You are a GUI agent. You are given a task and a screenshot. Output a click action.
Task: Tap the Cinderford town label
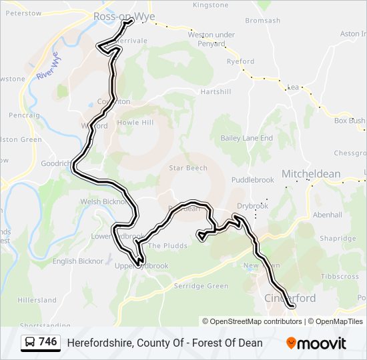[290, 298]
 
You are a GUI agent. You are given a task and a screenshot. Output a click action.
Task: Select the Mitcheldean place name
[311, 174]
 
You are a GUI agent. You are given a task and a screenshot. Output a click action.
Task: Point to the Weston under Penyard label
[211, 39]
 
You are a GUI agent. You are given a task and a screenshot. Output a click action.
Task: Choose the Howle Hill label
[135, 123]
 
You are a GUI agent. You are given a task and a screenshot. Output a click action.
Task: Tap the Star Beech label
[188, 168]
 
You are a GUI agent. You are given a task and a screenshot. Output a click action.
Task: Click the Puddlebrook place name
[253, 180]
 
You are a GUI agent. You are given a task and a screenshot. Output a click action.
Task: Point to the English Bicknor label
[78, 261]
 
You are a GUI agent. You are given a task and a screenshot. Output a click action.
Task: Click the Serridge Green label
[201, 286]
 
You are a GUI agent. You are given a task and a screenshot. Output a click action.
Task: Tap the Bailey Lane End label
[247, 138]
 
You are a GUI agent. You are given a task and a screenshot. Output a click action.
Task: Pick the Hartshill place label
[215, 91]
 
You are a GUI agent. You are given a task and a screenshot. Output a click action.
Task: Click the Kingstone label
[210, 5]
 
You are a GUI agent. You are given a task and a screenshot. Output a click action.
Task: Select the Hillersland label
[37, 300]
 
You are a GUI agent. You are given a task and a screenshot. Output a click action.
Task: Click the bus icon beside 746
[30, 343]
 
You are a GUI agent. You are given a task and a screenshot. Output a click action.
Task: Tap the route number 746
[48, 342]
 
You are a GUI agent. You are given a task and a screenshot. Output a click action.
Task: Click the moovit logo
[316, 343]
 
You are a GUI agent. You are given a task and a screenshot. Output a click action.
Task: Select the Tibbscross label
[340, 276]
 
